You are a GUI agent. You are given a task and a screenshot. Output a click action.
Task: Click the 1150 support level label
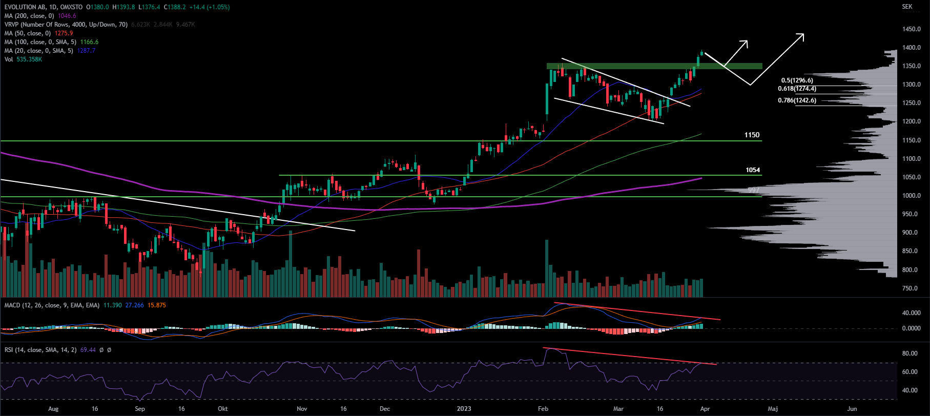pos(752,135)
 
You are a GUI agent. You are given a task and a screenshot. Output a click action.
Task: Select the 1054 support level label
pos(753,170)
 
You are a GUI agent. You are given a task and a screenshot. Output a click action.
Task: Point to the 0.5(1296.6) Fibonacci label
pos(797,80)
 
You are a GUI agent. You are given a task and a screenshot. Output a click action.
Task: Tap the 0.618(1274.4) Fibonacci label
pos(797,89)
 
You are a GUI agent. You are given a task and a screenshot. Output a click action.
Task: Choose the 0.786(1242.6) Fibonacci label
pos(797,100)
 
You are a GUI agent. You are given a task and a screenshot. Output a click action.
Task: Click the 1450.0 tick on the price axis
pos(912,29)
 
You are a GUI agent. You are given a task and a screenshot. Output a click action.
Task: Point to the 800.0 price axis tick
pos(910,270)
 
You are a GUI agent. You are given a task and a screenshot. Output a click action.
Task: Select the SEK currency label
pos(907,7)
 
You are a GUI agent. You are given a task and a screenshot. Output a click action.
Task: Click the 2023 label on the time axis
pos(464,409)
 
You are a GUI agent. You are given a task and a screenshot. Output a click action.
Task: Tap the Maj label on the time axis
pos(773,409)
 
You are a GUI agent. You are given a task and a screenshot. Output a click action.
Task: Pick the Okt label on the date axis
pos(222,409)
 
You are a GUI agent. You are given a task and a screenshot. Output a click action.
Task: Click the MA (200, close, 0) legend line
pos(40,16)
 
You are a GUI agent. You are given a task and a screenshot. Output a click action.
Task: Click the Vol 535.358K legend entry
pos(23,59)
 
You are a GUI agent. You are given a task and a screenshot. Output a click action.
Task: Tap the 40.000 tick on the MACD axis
pos(911,313)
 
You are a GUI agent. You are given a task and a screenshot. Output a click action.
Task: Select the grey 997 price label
pos(753,190)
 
